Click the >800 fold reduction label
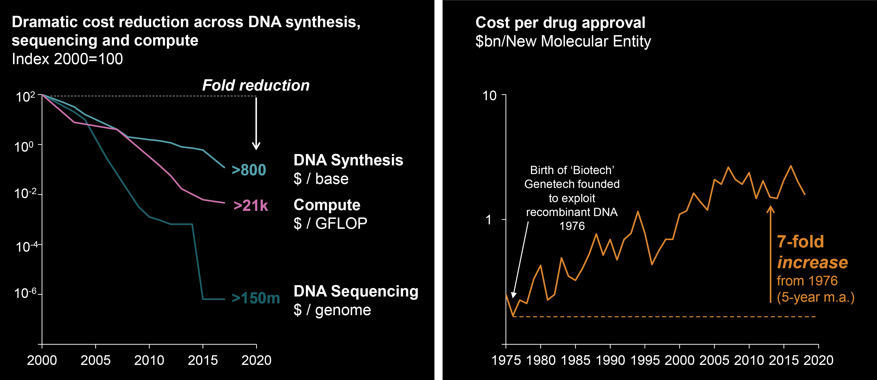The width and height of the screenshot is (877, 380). (249, 170)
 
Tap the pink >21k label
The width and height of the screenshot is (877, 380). (251, 206)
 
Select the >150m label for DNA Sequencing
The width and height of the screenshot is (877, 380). (256, 298)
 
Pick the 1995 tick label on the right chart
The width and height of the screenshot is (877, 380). (645, 360)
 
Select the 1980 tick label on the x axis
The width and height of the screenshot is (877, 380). (541, 360)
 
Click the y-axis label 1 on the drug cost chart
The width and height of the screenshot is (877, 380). (489, 220)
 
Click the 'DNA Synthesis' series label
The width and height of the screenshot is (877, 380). (348, 160)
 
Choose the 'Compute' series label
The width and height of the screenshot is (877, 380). (327, 205)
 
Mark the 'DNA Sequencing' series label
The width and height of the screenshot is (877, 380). (356, 291)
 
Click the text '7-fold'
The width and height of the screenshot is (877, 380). (800, 242)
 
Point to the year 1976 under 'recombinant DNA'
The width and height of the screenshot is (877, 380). (572, 226)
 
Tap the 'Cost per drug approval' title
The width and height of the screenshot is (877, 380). (560, 23)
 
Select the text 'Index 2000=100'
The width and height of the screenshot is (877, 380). (67, 59)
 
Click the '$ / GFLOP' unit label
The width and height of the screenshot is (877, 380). (330, 223)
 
